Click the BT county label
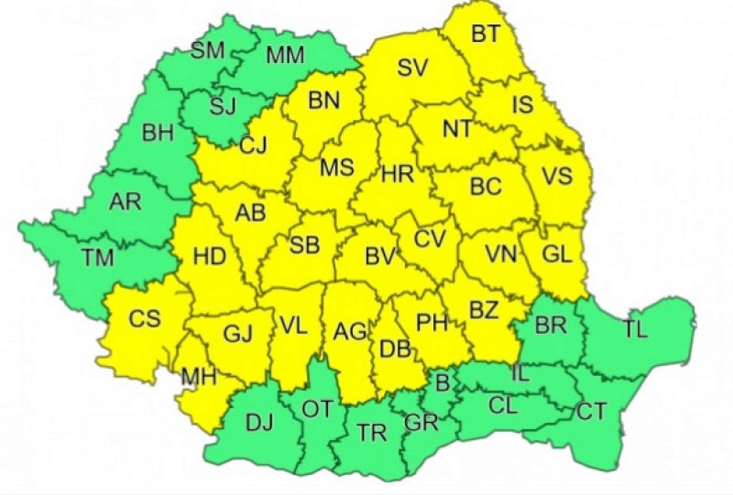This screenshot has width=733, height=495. tap(486, 35)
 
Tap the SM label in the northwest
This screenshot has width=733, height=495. tap(207, 51)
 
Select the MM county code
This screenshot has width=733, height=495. tap(285, 56)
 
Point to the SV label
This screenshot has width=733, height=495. tap(413, 69)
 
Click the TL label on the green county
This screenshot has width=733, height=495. tap(635, 330)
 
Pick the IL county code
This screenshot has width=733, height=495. tap(520, 374)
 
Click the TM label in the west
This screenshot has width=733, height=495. tap(97, 256)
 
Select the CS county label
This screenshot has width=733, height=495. tap(145, 319)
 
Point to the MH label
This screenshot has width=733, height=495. tap(199, 376)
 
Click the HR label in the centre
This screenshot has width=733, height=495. tap(398, 174)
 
